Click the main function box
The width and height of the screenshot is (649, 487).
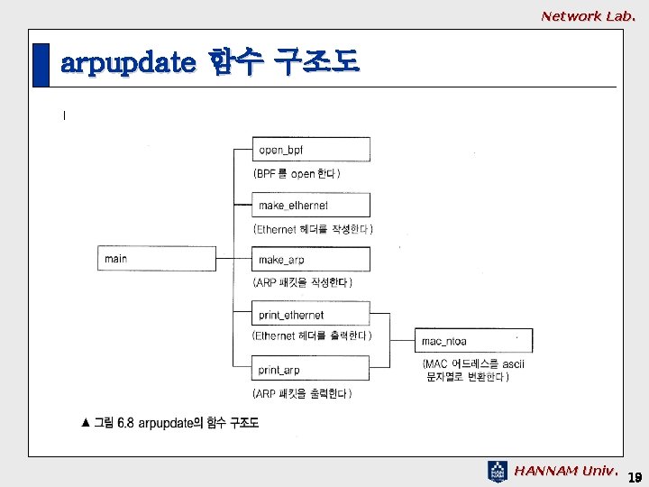(155, 259)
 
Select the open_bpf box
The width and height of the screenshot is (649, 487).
(311, 150)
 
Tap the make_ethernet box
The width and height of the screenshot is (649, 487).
(311, 205)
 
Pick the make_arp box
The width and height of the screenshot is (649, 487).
(311, 260)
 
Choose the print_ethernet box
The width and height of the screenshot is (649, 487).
(311, 315)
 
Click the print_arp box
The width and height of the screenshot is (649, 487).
(311, 369)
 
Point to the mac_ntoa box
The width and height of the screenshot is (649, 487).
(473, 341)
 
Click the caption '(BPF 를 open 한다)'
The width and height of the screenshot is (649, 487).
(297, 173)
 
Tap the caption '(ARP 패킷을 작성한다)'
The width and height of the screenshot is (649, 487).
(303, 282)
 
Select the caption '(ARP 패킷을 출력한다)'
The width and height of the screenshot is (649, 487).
(303, 393)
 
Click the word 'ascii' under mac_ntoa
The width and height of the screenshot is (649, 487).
(514, 363)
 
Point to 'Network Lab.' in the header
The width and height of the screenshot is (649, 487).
(588, 15)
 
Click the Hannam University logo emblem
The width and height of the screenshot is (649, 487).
(498, 472)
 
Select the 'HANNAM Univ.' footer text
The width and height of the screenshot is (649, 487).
(566, 471)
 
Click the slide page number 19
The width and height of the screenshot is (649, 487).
(634, 475)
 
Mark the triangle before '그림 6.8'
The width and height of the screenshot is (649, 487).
(86, 421)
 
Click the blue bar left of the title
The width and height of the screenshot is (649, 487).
(41, 65)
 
